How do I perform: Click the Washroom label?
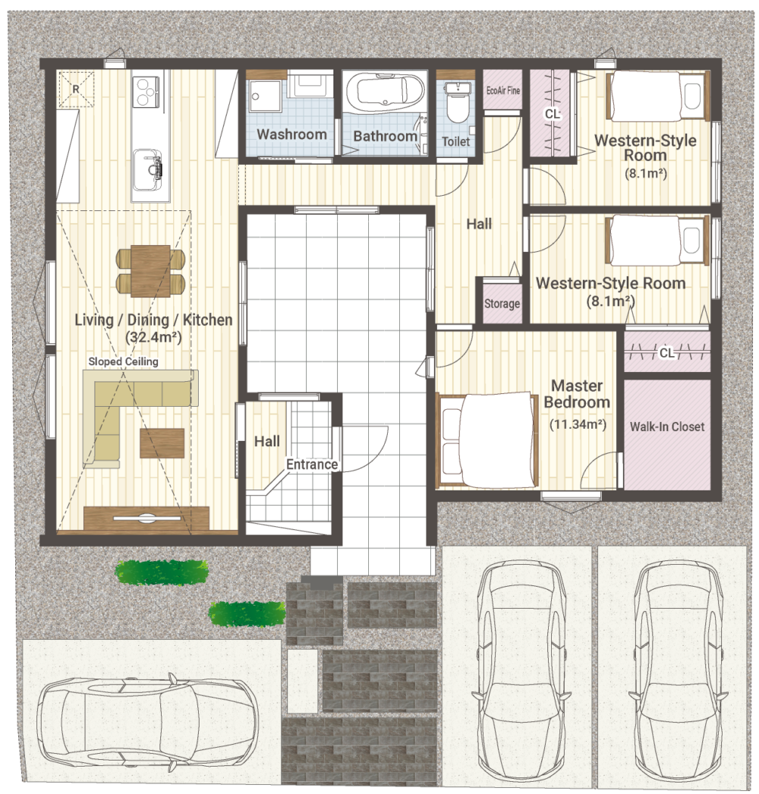[291, 134]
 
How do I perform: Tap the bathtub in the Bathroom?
[385, 90]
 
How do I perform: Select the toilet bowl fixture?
[457, 103]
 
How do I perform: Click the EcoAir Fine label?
[502, 90]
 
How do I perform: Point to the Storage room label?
[502, 304]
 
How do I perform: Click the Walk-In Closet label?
[667, 427]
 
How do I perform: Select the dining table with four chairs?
[150, 270]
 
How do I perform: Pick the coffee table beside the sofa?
[162, 443]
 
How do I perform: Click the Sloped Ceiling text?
[123, 361]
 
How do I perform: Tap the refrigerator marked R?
[77, 89]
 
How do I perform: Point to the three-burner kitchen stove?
[146, 92]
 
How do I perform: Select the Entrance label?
[312, 465]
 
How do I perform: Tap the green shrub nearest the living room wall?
[162, 572]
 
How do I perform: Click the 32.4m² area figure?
[153, 337]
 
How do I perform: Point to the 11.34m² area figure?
[578, 424]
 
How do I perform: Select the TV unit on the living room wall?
[146, 518]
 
